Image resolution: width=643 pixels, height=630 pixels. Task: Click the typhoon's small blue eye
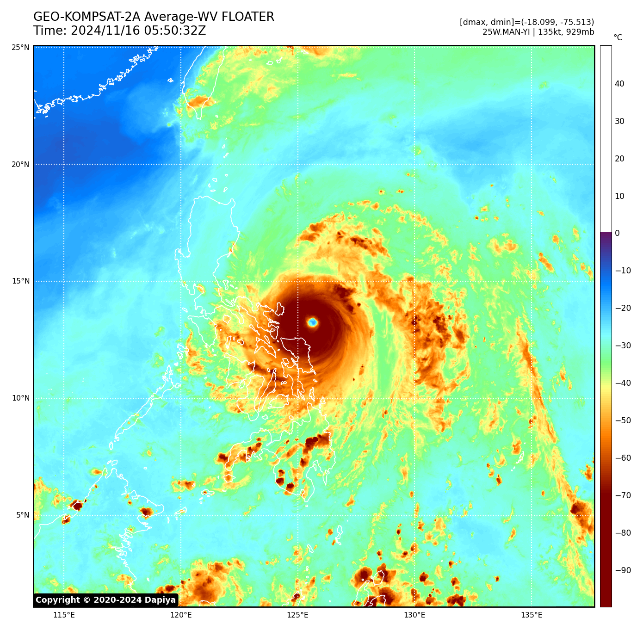[x=313, y=322]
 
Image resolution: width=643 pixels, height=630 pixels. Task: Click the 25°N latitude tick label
[x=20, y=48]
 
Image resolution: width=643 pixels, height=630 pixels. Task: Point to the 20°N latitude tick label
[x=20, y=165]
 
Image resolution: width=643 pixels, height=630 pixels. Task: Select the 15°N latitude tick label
[x=20, y=281]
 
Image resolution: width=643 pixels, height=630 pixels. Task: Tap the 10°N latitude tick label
[x=20, y=398]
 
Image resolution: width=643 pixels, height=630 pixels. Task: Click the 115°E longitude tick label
[x=64, y=615]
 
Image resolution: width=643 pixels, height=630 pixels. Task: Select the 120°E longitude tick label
[x=181, y=615]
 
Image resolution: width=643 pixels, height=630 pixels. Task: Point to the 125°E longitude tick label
[x=298, y=615]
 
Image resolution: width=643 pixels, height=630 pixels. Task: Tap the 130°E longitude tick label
[x=414, y=615]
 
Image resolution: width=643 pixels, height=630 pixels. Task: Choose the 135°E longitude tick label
[x=532, y=615]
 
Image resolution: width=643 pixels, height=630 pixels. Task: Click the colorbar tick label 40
[x=619, y=84]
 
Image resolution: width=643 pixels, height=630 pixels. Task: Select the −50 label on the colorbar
[x=623, y=420]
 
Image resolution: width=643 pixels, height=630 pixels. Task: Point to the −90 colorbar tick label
[x=623, y=570]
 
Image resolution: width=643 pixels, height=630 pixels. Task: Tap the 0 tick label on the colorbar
[x=617, y=233]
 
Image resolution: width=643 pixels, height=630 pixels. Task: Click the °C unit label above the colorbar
[x=618, y=37]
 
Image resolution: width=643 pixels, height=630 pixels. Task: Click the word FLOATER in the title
[x=248, y=17]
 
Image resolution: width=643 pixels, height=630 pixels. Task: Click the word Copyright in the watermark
[x=58, y=600]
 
